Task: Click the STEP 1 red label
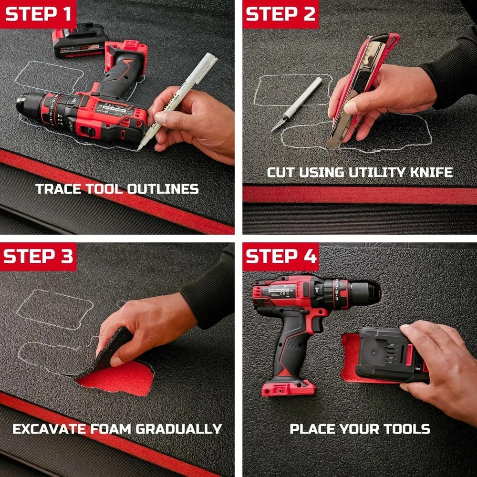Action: pos(38,14)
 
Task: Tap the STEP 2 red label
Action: pos(280,14)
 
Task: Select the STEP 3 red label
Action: pos(38,256)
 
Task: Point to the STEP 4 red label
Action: pos(280,256)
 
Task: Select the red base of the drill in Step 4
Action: pos(289,387)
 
